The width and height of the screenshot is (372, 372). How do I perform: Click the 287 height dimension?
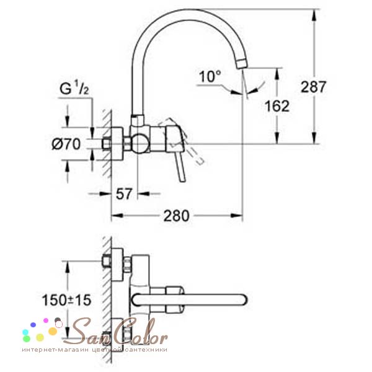pyautogui.click(x=313, y=87)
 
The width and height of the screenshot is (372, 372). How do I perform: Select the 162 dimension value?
pyautogui.click(x=277, y=106)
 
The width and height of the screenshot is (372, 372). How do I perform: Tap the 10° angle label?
pyautogui.click(x=210, y=76)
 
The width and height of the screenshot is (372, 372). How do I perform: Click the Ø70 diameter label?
pyautogui.click(x=66, y=144)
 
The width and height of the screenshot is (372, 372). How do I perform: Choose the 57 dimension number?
pyautogui.click(x=123, y=193)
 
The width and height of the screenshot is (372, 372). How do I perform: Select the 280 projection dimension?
pyautogui.click(x=177, y=216)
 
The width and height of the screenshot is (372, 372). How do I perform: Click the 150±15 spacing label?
pyautogui.click(x=67, y=300)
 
